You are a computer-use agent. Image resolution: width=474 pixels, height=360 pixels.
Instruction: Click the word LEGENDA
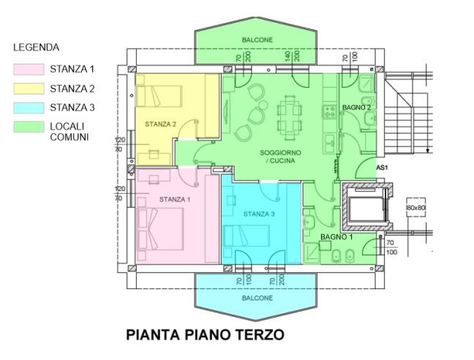click(36, 48)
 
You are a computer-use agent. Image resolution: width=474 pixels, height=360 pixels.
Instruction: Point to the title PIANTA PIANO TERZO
click(204, 335)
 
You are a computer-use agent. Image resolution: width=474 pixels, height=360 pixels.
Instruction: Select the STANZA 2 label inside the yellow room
click(159, 124)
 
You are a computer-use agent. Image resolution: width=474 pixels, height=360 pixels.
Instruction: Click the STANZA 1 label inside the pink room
click(174, 199)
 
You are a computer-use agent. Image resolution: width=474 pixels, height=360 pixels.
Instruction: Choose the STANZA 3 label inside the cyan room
click(259, 214)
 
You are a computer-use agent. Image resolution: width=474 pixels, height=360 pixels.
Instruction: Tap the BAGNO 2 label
click(356, 108)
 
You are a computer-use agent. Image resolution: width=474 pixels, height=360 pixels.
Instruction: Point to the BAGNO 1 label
click(336, 238)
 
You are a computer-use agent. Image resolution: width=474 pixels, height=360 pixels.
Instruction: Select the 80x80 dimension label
click(415, 208)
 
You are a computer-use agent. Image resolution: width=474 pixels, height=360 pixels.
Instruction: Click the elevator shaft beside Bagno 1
click(366, 209)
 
